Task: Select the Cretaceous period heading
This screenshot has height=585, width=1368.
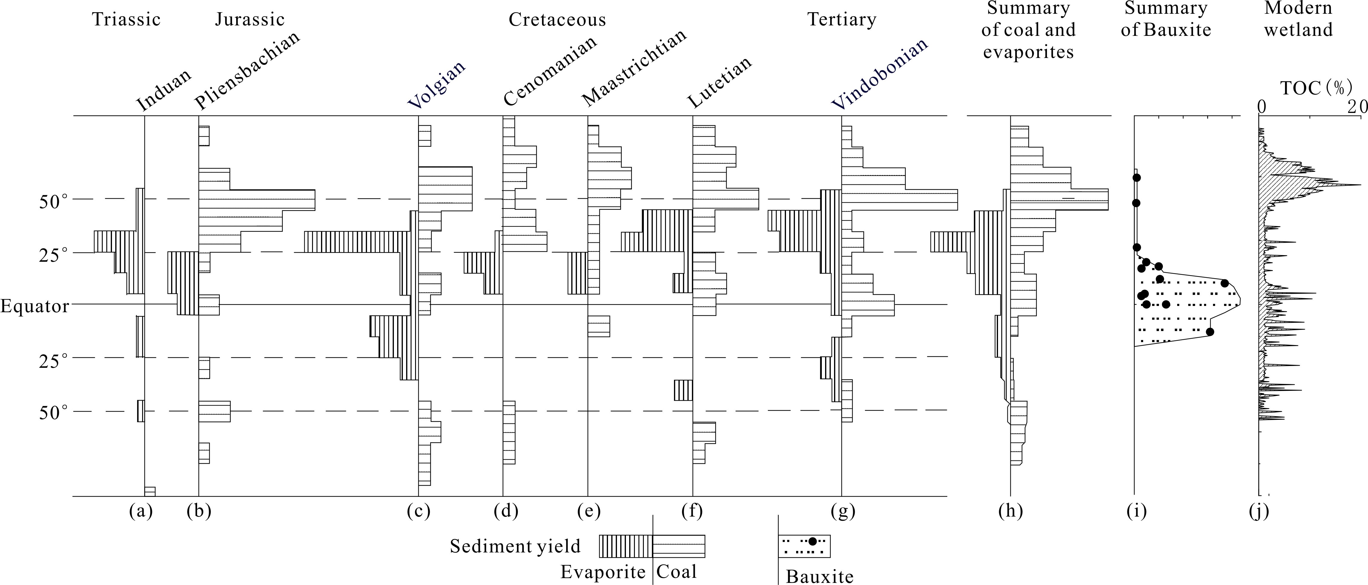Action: coord(557,20)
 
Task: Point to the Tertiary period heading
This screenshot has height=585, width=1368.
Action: coord(842,20)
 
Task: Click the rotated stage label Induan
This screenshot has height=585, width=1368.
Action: coord(164,90)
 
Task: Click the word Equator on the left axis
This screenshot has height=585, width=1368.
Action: coord(35,307)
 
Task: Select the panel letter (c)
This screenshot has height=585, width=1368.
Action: coord(418,511)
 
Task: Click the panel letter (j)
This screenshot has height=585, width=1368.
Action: coord(1259,511)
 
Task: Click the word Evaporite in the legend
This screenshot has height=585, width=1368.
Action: coord(603,572)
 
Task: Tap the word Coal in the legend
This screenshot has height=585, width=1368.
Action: coord(676,572)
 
